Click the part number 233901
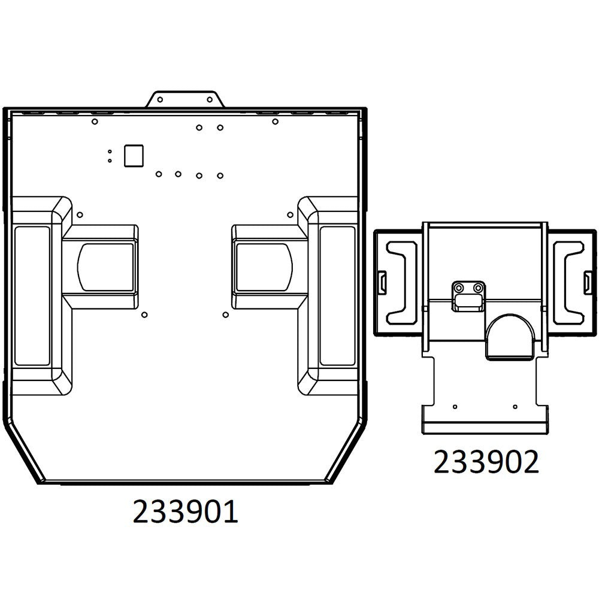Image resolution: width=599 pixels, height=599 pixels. (185, 513)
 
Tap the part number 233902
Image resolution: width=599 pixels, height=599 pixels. (486, 462)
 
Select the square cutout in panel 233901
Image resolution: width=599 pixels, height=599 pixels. (133, 156)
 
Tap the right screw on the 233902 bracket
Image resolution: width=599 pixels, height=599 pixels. (477, 288)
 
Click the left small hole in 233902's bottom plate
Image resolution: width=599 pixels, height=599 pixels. (455, 407)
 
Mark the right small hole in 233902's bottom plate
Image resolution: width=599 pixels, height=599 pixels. (515, 407)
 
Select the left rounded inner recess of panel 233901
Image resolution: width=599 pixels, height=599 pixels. (105, 267)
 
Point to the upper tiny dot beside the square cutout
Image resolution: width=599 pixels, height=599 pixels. (110, 152)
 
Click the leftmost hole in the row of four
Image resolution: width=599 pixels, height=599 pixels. (158, 174)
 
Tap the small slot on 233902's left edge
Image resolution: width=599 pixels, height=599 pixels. (382, 280)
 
